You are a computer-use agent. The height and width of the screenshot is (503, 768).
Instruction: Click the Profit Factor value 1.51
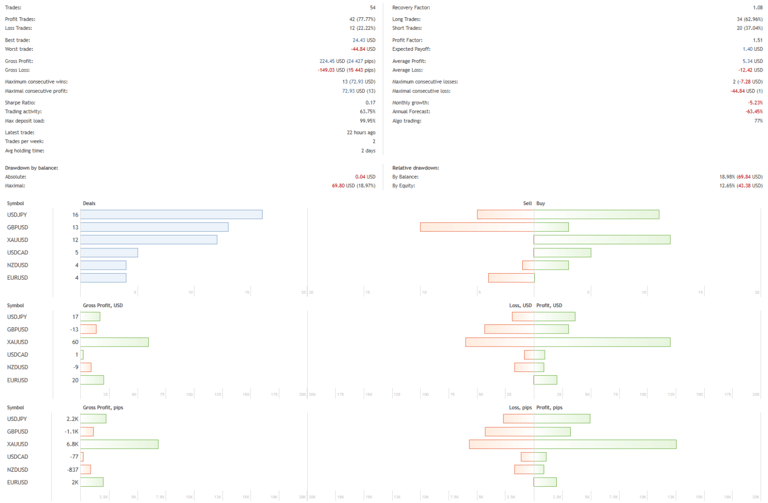[757, 40]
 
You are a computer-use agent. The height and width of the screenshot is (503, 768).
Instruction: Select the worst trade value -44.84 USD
[363, 49]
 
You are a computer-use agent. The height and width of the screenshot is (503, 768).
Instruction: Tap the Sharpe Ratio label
[20, 103]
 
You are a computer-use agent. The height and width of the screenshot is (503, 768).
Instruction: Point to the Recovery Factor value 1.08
[757, 8]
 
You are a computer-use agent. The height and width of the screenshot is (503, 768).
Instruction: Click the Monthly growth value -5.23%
[755, 103]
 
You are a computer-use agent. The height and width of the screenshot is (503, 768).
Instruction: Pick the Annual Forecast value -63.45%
[754, 111]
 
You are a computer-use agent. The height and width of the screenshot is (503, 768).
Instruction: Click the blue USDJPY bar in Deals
[171, 215]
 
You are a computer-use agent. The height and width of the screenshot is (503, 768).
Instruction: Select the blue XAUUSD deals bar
[149, 240]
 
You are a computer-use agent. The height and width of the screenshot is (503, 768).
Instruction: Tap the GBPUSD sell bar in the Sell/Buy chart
[477, 227]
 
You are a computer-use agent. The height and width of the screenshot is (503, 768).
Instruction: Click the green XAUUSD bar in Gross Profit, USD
[114, 342]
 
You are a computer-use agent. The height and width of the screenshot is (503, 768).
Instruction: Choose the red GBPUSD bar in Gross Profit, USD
[88, 329]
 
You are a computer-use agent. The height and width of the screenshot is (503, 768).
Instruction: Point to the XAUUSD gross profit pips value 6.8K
[72, 444]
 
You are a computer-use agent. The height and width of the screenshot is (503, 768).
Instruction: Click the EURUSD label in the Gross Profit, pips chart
[18, 482]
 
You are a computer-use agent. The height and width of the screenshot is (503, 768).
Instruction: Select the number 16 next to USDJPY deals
[75, 215]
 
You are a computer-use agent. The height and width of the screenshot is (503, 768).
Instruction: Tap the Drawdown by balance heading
[32, 168]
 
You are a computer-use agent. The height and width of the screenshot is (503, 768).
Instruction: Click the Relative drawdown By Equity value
[741, 186]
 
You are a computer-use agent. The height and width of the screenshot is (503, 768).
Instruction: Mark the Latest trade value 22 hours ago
[361, 132]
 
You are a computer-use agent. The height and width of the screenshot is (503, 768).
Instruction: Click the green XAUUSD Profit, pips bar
[605, 444]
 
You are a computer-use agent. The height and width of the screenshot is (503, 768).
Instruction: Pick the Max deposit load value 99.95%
[368, 121]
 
